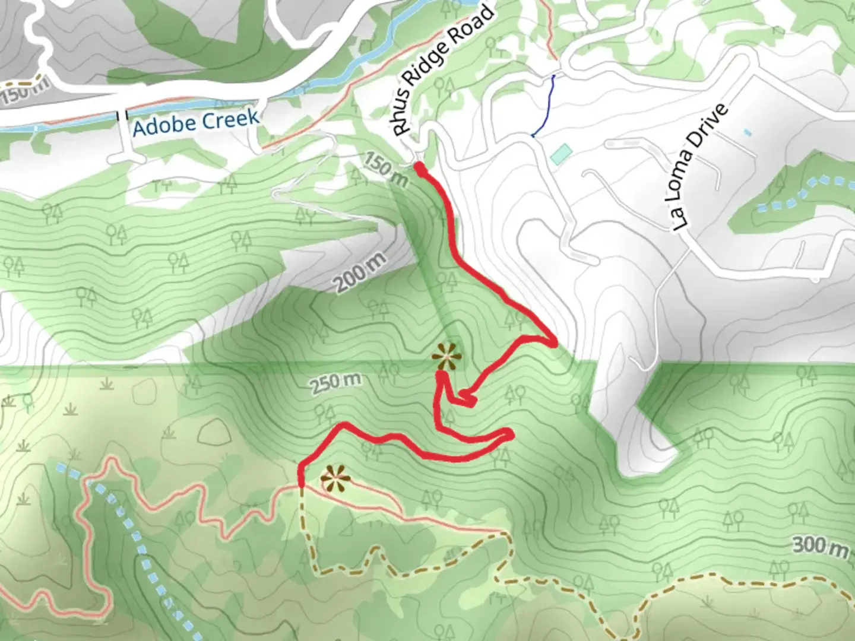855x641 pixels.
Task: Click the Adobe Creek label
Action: coord(195,122)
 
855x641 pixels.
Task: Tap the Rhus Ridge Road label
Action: coord(443,69)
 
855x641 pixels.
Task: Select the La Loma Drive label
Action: coord(701,168)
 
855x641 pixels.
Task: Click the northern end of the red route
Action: coord(419,169)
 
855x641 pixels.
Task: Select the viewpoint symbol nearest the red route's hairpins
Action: coord(446,357)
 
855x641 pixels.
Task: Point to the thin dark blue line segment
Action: coord(546,107)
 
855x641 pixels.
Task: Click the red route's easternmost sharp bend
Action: coord(555,342)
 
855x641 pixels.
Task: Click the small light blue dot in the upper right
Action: coord(746,132)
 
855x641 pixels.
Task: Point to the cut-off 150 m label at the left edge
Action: coord(24,95)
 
